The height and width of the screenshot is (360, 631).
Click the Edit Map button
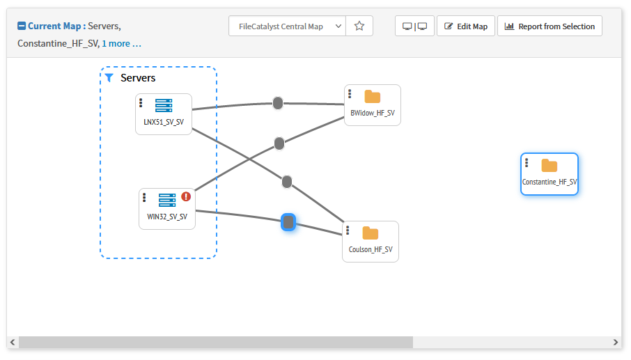(x=466, y=26)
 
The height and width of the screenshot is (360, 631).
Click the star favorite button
(x=359, y=26)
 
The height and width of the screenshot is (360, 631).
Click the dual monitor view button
(x=414, y=26)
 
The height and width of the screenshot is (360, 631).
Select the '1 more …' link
(x=122, y=43)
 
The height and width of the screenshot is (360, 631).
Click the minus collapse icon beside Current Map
(x=22, y=26)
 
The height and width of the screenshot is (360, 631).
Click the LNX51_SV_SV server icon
(x=164, y=106)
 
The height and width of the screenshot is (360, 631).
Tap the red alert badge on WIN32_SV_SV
(x=186, y=197)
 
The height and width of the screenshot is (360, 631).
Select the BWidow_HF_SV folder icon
(x=373, y=97)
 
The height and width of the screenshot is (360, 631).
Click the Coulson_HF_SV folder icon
(x=371, y=233)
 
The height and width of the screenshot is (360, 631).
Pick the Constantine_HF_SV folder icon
(x=550, y=166)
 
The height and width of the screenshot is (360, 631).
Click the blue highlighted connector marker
(x=288, y=222)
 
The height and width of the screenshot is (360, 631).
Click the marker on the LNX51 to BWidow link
(x=278, y=103)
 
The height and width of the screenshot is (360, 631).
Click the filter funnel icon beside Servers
(x=109, y=78)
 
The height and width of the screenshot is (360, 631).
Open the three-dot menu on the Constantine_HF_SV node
(x=527, y=164)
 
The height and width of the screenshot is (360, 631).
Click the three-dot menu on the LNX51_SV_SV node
(x=141, y=103)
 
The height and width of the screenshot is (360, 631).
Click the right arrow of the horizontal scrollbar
(x=615, y=343)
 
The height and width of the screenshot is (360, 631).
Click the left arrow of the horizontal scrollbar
(x=13, y=343)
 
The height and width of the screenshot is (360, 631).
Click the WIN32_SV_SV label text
(x=167, y=217)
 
